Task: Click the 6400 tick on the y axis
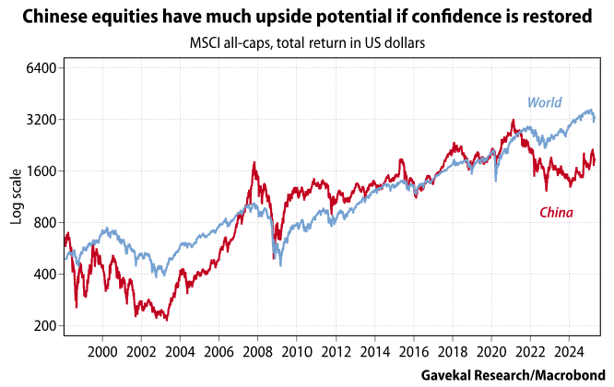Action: (43, 68)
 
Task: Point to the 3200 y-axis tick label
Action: (43, 120)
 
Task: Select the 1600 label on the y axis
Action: (43, 171)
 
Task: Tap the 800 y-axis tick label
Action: (47, 223)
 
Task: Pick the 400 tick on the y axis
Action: (47, 275)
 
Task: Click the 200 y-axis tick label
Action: (47, 326)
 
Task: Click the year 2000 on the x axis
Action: (101, 352)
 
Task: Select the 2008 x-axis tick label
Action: (256, 352)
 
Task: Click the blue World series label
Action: (544, 103)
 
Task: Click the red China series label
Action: (556, 214)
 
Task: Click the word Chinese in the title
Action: (54, 17)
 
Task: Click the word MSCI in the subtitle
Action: (207, 44)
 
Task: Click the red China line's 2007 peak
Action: (254, 164)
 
